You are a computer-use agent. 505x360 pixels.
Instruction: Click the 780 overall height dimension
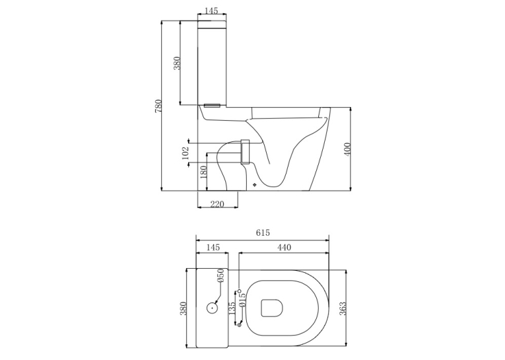coord(158,106)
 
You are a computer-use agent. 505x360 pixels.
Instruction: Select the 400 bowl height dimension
coord(347,149)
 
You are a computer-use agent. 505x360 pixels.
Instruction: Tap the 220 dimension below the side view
coord(217,204)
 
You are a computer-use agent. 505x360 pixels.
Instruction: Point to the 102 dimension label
coord(185,153)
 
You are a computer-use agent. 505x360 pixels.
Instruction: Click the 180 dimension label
coord(203,172)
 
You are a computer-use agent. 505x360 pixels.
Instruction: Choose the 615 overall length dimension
coord(263,233)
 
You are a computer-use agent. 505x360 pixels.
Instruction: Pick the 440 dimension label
coord(284,247)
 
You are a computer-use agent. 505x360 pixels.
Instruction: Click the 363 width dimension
coord(343,308)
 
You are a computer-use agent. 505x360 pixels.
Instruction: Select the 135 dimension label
coord(232,308)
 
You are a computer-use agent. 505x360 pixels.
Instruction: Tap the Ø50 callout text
coord(220,276)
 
